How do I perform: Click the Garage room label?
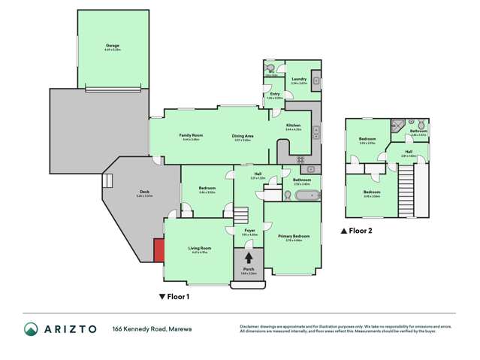click(113, 47)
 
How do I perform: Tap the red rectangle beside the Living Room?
click(159, 250)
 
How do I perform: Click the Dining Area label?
click(243, 136)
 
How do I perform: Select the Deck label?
click(143, 192)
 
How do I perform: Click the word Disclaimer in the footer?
click(249, 326)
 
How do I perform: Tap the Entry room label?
click(274, 94)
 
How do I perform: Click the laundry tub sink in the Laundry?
click(316, 80)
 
